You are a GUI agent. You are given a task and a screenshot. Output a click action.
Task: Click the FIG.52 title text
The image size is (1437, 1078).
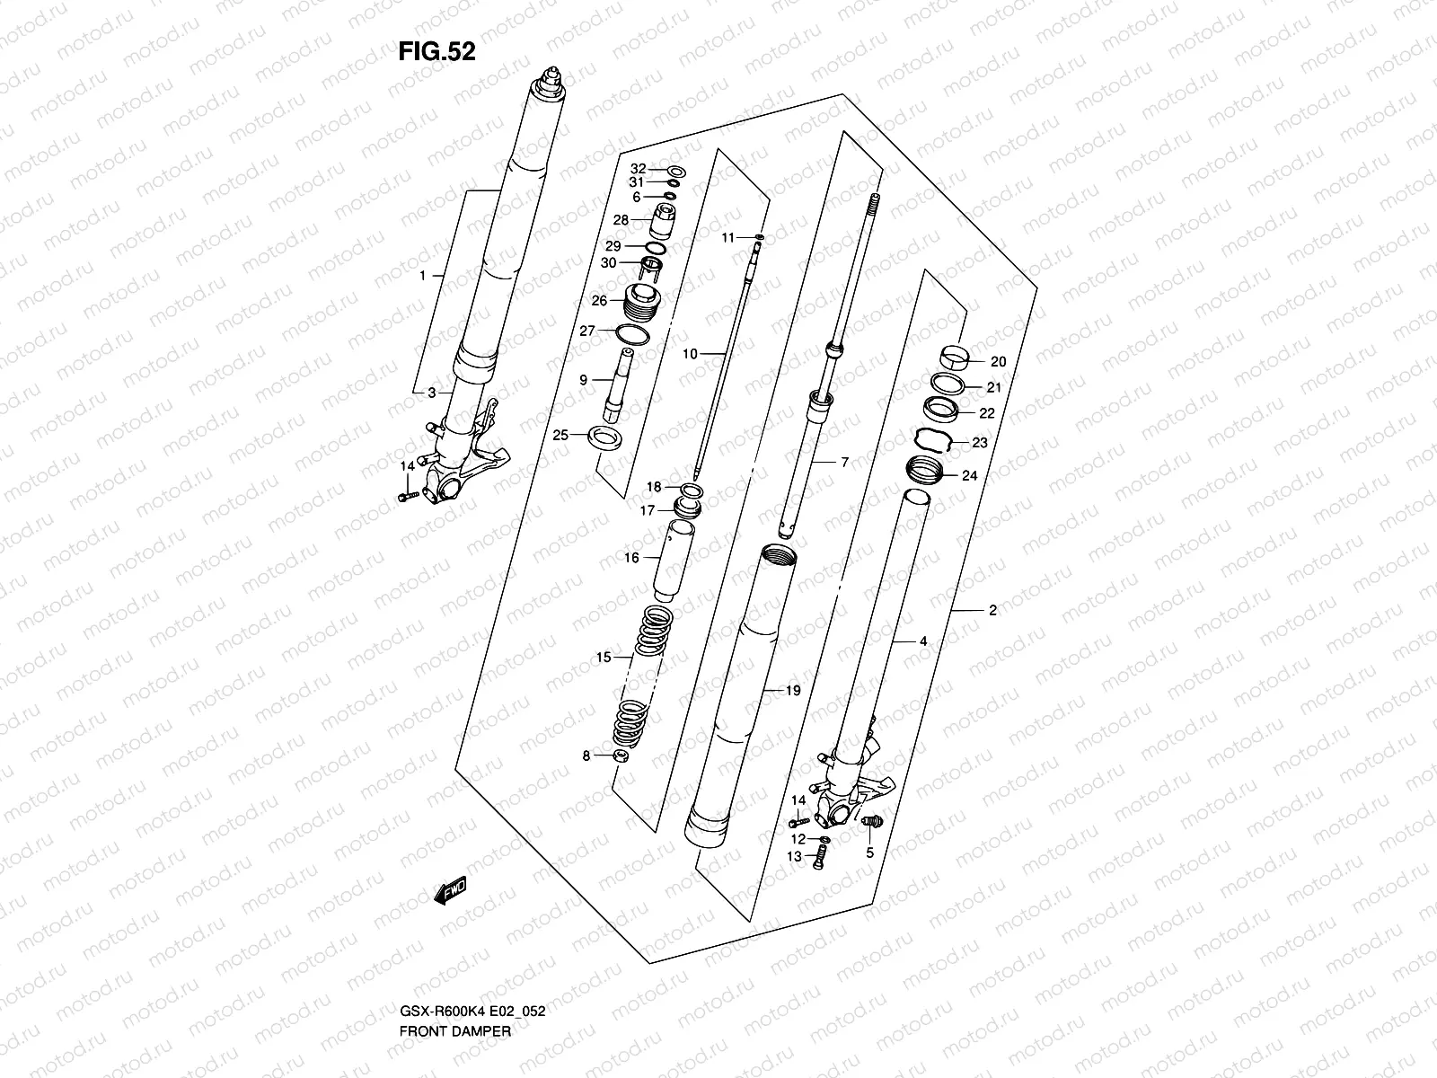(436, 52)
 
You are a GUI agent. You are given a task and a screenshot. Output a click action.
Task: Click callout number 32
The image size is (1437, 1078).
(638, 169)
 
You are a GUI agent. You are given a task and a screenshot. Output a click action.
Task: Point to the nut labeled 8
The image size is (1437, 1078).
(619, 756)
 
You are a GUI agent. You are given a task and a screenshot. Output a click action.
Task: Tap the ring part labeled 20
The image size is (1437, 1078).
(958, 356)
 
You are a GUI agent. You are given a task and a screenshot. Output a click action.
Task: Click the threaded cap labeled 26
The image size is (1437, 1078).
(642, 301)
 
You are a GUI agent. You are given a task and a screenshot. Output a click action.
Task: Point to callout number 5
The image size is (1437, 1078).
(869, 853)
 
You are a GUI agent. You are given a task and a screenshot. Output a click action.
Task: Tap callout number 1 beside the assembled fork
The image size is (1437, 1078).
(422, 277)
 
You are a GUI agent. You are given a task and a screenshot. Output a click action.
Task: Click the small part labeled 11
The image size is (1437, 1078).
(761, 238)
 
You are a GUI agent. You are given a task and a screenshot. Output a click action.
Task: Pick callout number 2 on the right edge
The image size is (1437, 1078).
(992, 611)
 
